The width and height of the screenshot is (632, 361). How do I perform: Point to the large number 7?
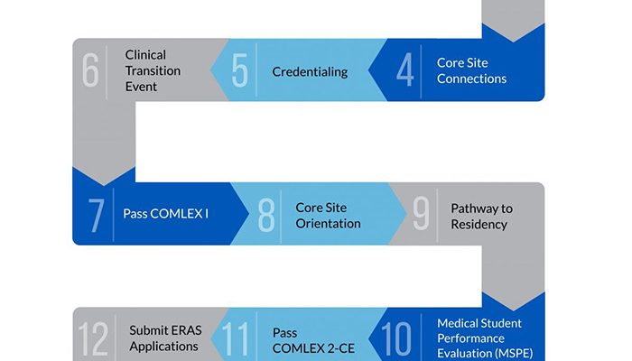point(96,216)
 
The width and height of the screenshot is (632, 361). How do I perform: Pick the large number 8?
point(266,216)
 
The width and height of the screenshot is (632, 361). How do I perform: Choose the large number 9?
point(421,216)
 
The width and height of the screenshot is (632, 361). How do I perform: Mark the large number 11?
point(236,339)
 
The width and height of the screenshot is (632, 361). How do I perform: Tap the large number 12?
point(94,339)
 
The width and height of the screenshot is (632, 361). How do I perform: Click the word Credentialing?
point(310,71)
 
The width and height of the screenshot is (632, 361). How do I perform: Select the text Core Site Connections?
point(470,70)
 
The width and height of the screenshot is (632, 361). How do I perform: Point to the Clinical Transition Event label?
point(153,70)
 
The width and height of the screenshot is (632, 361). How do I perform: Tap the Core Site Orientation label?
point(328,215)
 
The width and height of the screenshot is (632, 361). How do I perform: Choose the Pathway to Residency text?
point(479,215)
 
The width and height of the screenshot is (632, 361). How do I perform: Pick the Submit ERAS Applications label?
point(163,338)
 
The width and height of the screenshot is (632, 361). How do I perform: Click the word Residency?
point(479,223)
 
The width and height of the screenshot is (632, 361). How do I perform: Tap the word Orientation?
point(328,223)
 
